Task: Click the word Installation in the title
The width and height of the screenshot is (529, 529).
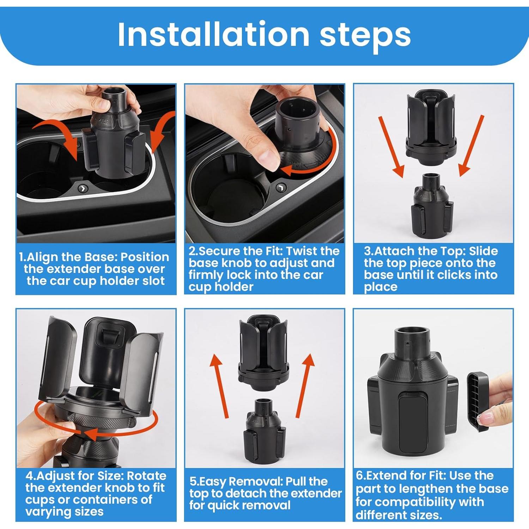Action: [214, 34]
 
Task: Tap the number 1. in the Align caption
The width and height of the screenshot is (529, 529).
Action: [23, 257]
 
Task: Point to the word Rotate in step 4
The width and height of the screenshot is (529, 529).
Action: [146, 476]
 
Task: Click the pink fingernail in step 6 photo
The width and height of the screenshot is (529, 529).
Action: [484, 419]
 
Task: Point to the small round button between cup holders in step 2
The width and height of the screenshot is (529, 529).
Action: [281, 187]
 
